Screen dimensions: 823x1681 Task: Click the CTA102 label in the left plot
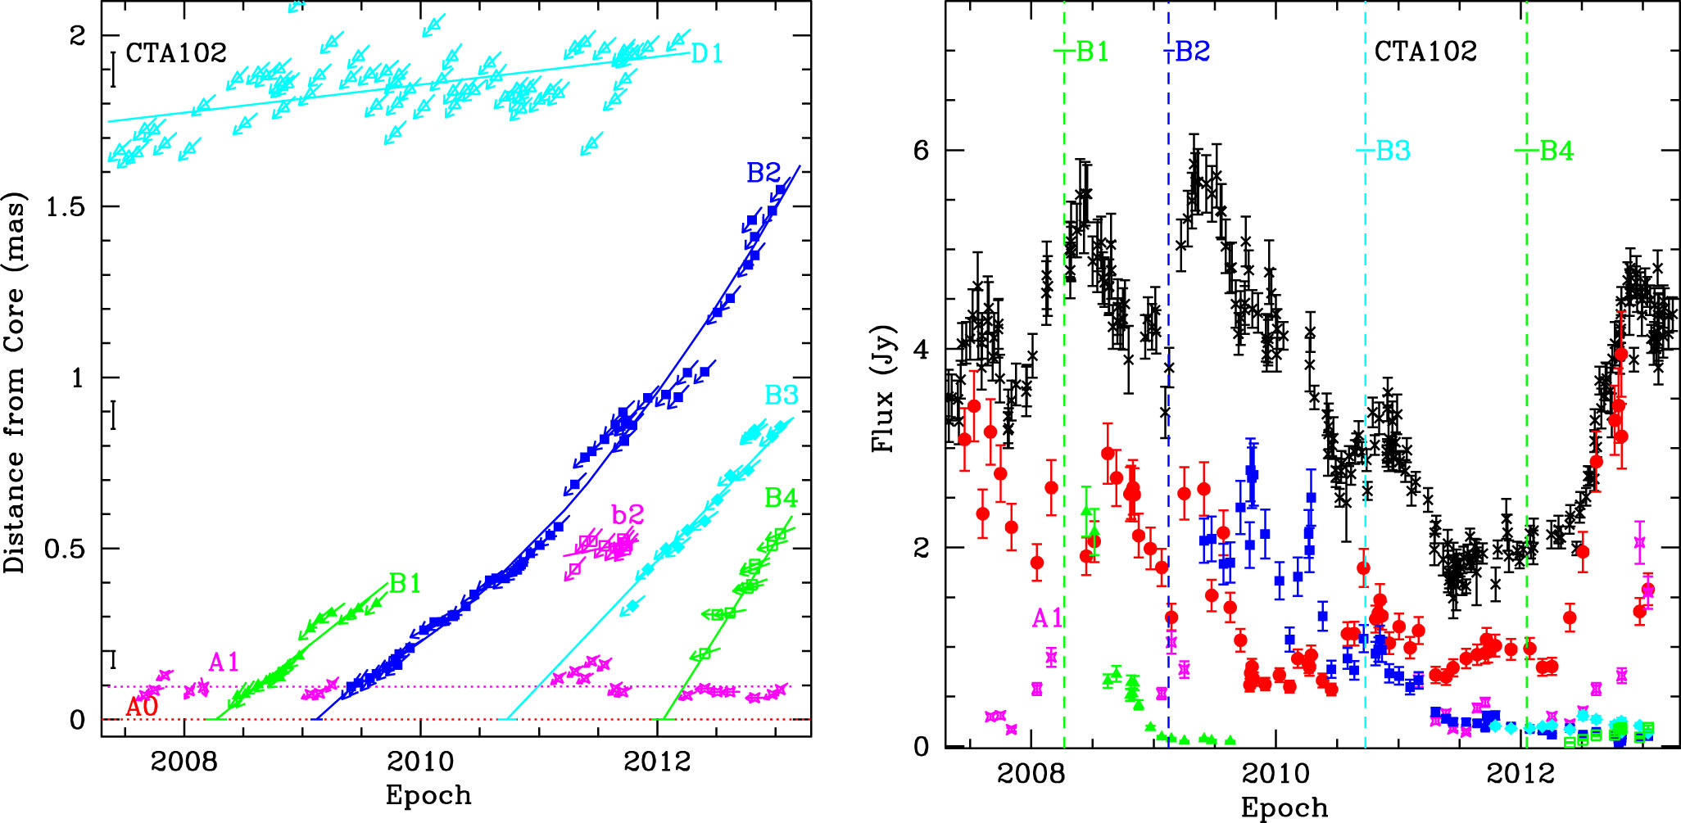tap(175, 52)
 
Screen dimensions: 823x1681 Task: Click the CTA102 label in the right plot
tap(1425, 51)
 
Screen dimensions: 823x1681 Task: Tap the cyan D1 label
tap(707, 54)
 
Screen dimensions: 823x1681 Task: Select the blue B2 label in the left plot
tap(763, 173)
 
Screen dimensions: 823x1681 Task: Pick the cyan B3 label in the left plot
tap(782, 396)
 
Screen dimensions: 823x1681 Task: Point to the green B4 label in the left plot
tap(782, 498)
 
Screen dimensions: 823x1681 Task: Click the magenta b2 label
tap(628, 515)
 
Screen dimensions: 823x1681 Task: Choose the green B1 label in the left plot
tap(406, 584)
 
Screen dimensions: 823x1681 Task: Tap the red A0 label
tap(141, 708)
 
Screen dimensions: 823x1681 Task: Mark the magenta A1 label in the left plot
tap(224, 662)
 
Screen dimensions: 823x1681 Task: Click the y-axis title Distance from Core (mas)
tap(16, 382)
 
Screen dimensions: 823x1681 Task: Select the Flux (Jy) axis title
tap(883, 389)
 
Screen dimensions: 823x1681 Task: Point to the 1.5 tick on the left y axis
tap(66, 207)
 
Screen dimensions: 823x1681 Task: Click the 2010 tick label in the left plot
tap(420, 762)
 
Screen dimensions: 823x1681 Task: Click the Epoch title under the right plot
tap(1284, 807)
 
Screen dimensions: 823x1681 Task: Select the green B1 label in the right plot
tap(1092, 52)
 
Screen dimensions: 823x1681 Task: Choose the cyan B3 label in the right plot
tap(1393, 151)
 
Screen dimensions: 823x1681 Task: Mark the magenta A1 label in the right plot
tap(1047, 618)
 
